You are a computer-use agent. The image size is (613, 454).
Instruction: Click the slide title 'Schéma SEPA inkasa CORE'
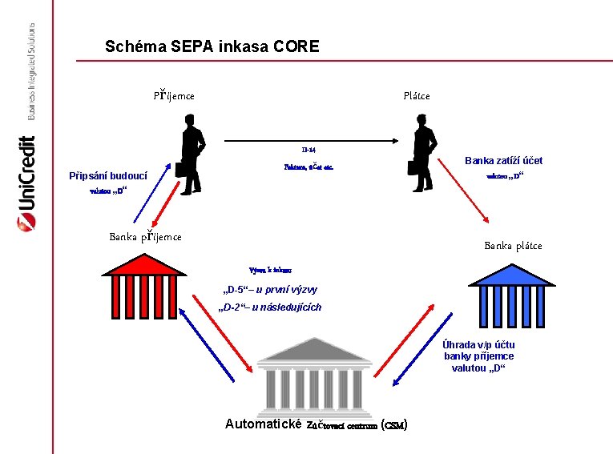(212, 46)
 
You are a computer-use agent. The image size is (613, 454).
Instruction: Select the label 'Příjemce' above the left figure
(174, 95)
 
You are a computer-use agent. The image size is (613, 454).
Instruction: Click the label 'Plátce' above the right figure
(417, 95)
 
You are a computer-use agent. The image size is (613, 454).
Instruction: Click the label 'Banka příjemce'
(145, 236)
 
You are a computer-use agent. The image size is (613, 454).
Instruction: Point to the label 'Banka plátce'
(513, 245)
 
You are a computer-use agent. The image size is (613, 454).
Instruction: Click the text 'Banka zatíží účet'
(503, 160)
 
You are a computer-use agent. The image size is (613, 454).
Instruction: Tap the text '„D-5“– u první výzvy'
(269, 289)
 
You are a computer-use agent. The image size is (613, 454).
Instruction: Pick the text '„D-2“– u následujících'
(271, 307)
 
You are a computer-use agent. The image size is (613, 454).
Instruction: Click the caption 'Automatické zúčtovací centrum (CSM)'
(317, 424)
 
